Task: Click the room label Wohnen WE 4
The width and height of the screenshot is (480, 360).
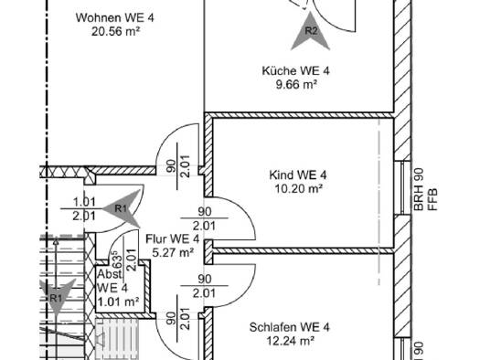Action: tap(115, 17)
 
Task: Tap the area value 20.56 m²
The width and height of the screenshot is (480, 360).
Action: tap(116, 31)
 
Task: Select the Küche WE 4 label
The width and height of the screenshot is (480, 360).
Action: tap(295, 71)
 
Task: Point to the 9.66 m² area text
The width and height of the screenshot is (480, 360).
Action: tap(296, 84)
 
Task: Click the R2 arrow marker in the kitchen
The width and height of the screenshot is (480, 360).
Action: tap(311, 31)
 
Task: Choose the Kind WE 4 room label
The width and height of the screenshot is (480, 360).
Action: tap(297, 175)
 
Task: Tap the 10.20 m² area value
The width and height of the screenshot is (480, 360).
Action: tap(298, 189)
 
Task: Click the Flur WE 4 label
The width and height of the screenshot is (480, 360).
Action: tap(173, 238)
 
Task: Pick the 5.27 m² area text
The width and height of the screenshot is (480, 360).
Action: tap(174, 253)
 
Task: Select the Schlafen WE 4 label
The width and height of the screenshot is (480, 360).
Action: tap(289, 327)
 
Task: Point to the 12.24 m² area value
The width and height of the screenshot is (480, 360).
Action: tap(291, 341)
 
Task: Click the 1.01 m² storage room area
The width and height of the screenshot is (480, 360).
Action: tap(118, 302)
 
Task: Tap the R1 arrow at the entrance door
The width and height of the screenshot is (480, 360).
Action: tap(122, 208)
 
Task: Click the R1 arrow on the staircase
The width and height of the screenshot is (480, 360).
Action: tap(57, 297)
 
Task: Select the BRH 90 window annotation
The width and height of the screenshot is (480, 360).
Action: tap(419, 189)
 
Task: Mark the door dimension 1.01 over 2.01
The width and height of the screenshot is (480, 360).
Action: tap(84, 209)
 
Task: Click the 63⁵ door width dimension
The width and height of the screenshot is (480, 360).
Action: tap(117, 259)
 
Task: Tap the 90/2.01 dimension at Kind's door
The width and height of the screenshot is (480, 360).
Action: tap(205, 218)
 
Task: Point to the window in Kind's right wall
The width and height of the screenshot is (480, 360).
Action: tap(402, 188)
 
